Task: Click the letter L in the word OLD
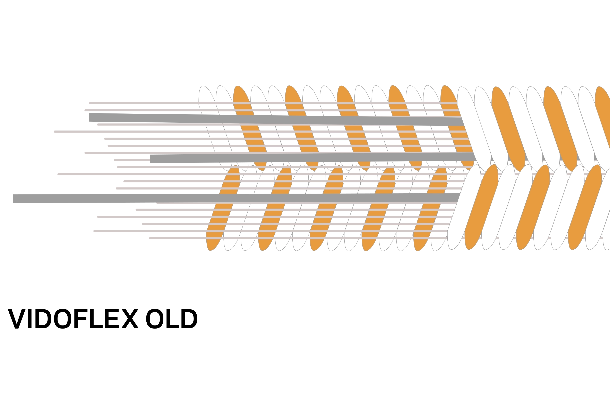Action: [x=172, y=319]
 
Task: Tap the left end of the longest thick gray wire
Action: [x=12, y=199]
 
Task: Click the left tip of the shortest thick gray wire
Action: [x=151, y=159]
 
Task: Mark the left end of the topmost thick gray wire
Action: [x=89, y=118]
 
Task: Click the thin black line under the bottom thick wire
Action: [x=100, y=204]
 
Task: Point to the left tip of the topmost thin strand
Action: [x=89, y=103]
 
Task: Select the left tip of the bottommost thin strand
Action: [x=150, y=238]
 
